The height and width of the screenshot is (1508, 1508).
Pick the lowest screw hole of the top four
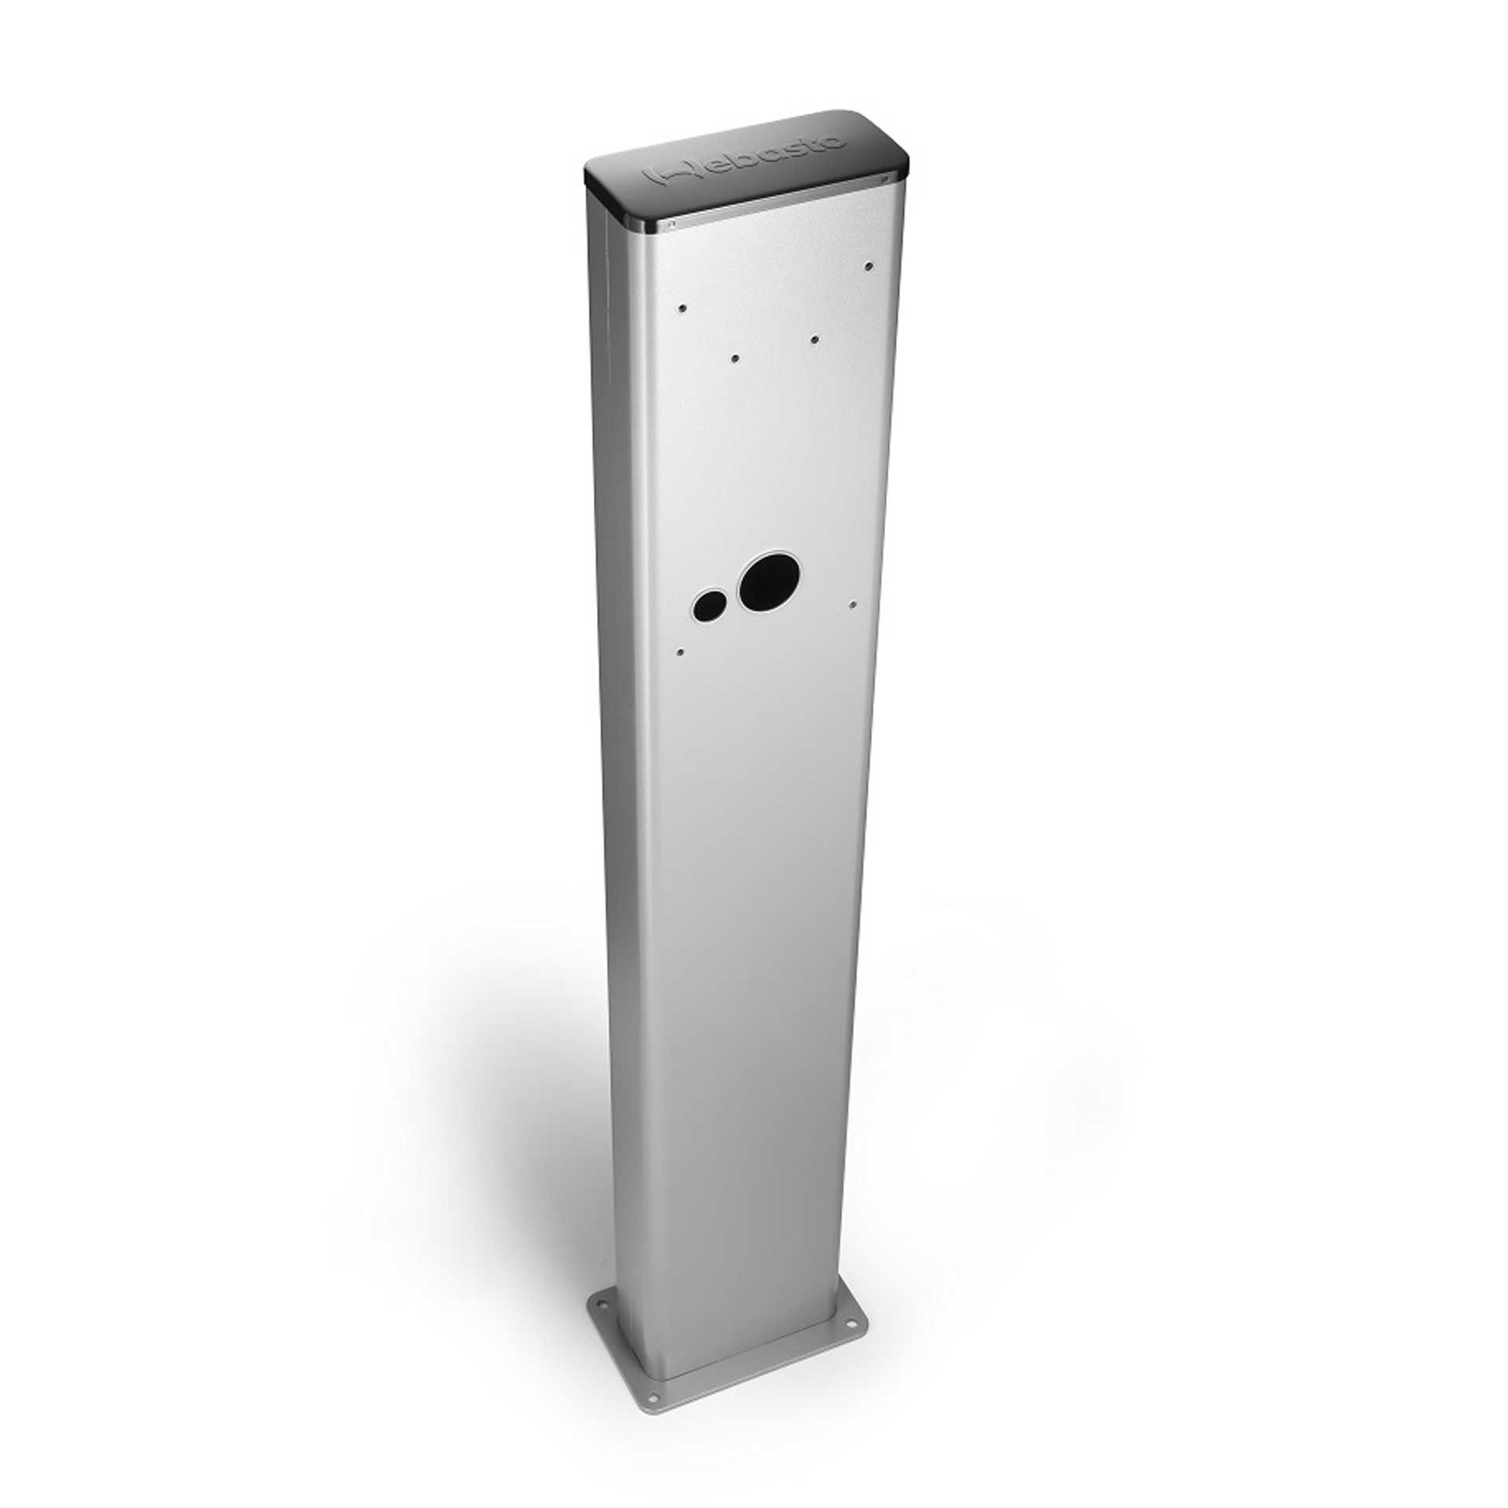pyautogui.click(x=735, y=358)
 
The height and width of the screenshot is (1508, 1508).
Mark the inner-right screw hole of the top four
pyautogui.click(x=814, y=339)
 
